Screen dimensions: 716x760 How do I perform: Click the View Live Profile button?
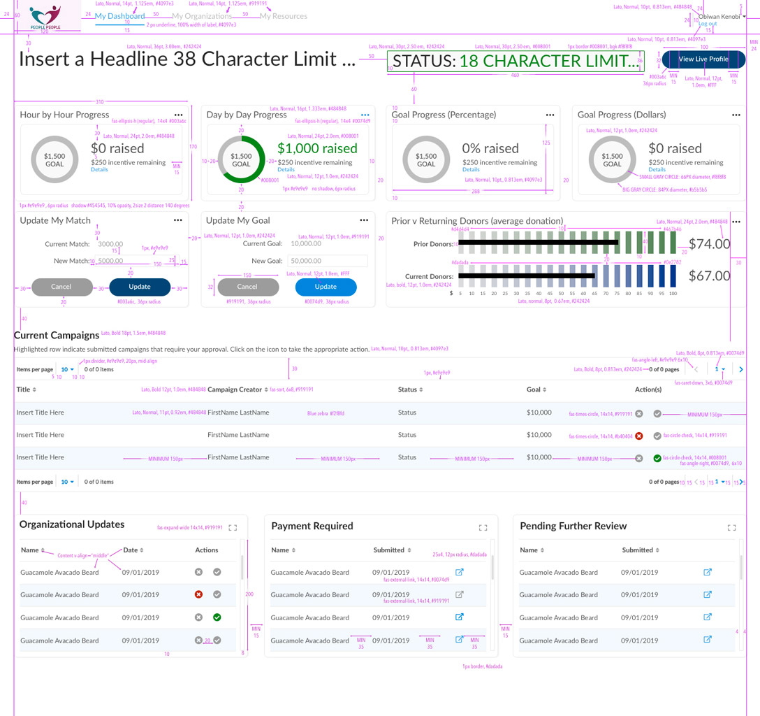pyautogui.click(x=703, y=59)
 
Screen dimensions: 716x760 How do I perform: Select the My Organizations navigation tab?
pyautogui.click(x=202, y=16)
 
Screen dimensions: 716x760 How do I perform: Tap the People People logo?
pyautogui.click(x=46, y=16)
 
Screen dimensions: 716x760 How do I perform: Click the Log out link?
pyautogui.click(x=708, y=24)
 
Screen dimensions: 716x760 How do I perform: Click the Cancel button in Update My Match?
pyautogui.click(x=61, y=287)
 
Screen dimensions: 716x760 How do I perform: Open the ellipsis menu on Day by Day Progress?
pyautogui.click(x=365, y=115)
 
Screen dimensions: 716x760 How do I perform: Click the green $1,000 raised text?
pyautogui.click(x=317, y=148)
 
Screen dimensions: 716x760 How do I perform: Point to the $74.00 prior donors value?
pyautogui.click(x=709, y=244)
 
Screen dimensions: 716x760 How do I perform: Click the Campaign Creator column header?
pyautogui.click(x=235, y=389)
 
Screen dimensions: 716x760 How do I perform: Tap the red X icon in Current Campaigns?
pyautogui.click(x=638, y=436)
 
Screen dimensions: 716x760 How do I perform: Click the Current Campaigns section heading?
pyautogui.click(x=56, y=335)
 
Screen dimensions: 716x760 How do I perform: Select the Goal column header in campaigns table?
pyautogui.click(x=536, y=389)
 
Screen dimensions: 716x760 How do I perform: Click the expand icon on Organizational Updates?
pyautogui.click(x=233, y=528)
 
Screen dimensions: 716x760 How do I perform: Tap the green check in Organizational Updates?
pyautogui.click(x=217, y=617)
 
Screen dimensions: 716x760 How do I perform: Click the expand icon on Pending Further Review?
pyautogui.click(x=731, y=528)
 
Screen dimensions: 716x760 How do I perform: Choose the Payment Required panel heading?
pyautogui.click(x=312, y=526)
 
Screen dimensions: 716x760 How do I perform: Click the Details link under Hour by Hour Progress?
pyautogui.click(x=99, y=170)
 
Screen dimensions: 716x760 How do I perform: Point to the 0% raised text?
pyautogui.click(x=490, y=148)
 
